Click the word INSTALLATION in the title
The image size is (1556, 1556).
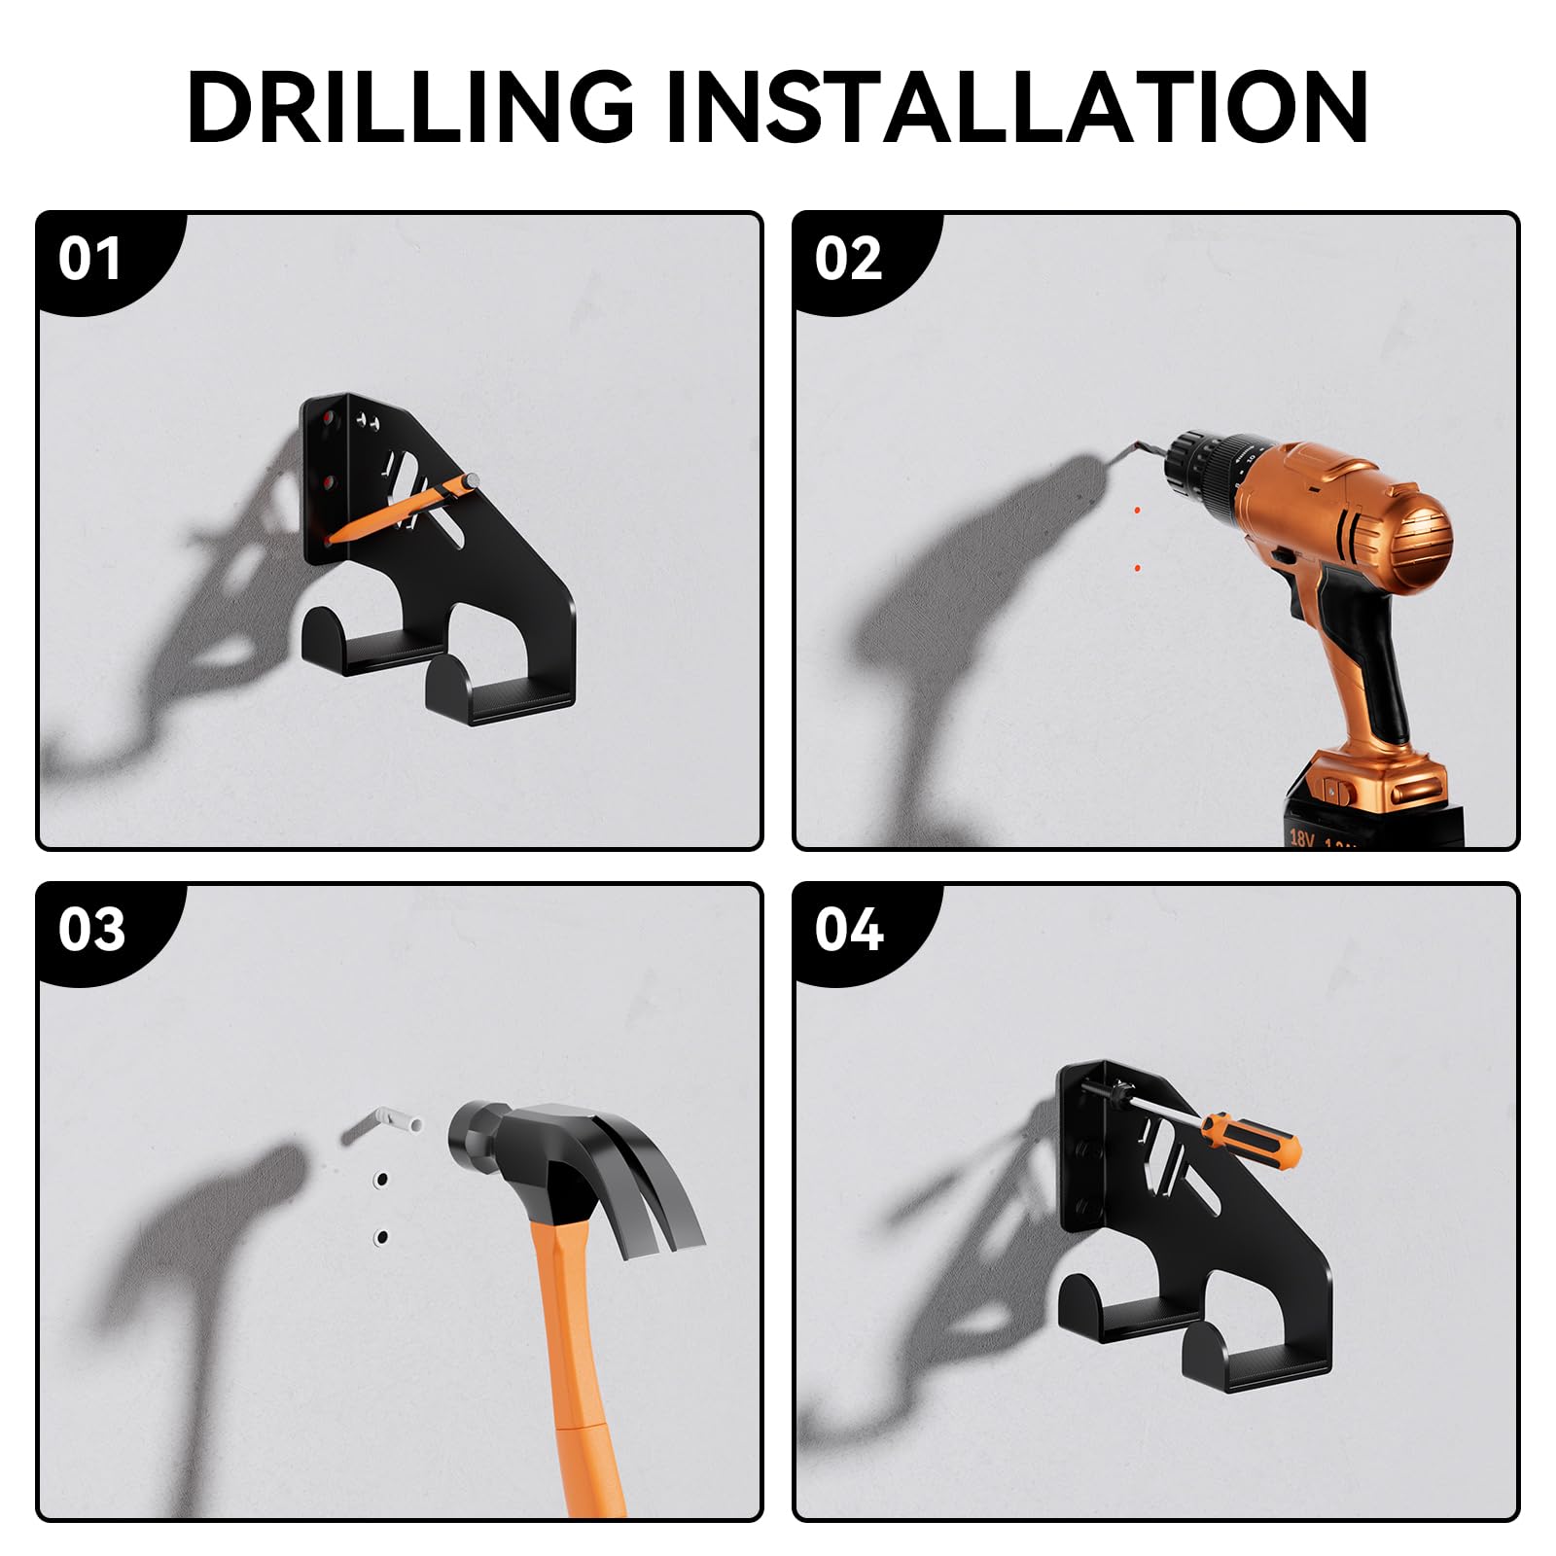1017,107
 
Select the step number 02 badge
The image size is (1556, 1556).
848,259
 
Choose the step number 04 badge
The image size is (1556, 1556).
848,930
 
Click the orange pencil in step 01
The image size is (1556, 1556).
402,508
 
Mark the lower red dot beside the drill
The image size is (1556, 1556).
1138,567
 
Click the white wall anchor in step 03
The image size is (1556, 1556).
383,1124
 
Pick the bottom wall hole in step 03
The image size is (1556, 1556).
381,1238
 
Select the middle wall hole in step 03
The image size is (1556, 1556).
380,1180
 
